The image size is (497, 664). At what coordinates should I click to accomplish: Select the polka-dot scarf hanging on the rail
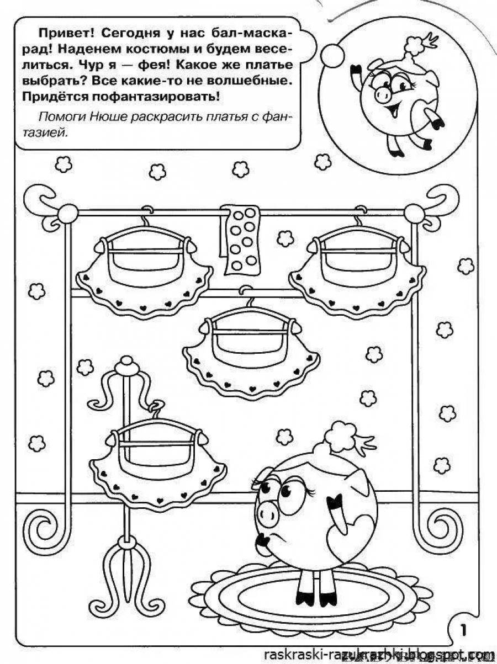(241, 240)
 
